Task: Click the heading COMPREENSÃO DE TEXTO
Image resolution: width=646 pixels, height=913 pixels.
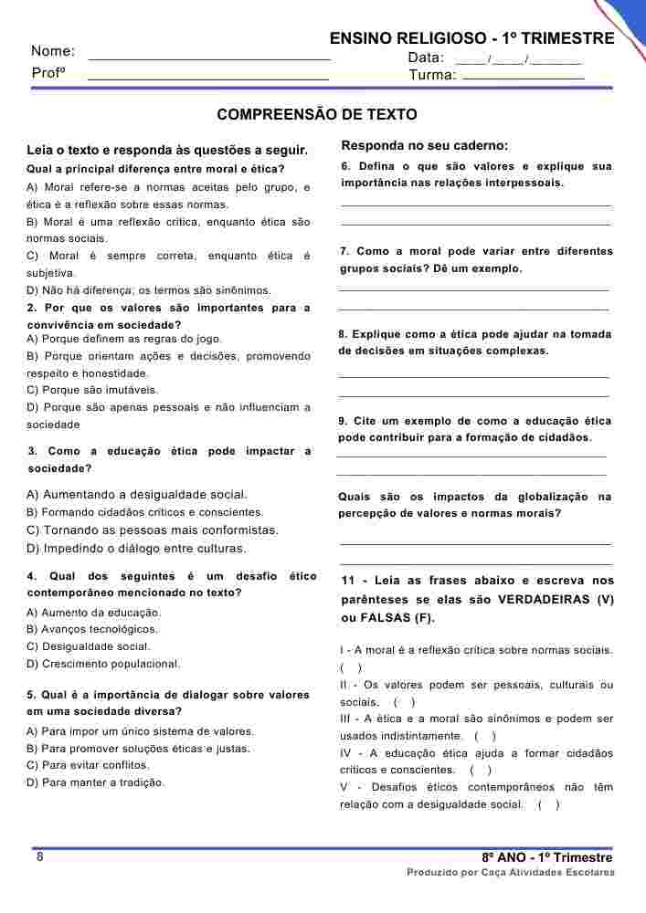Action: [316, 115]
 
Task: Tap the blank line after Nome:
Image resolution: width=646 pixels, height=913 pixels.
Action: [209, 58]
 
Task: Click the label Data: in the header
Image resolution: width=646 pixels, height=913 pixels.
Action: [426, 58]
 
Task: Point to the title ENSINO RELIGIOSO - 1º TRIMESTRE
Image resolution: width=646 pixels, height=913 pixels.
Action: [471, 38]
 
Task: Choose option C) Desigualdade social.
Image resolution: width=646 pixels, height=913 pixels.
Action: [104, 646]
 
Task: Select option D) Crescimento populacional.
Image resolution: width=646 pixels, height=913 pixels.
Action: [104, 664]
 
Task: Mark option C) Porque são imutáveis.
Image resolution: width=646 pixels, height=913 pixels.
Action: [92, 390]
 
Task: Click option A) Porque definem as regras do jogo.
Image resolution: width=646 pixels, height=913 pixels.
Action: [124, 339]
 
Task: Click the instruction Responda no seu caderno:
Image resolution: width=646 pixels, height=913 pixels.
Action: [425, 145]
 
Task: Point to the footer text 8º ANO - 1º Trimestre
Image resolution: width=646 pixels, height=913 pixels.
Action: [547, 858]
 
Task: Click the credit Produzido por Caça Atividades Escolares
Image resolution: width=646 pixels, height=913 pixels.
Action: [510, 873]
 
